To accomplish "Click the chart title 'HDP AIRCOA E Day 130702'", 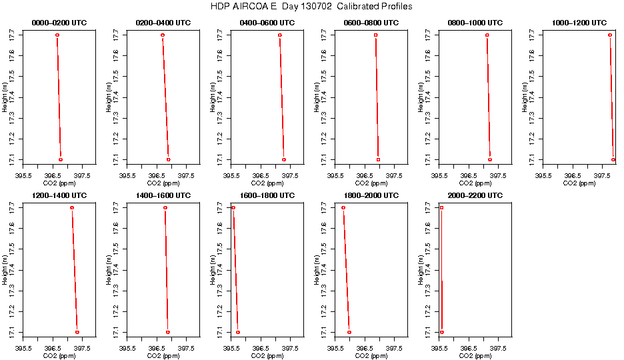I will coord(311,7).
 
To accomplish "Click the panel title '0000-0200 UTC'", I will coord(59,23).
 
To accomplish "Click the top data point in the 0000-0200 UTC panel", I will coord(57,35).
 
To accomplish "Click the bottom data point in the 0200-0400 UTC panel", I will coord(168,159).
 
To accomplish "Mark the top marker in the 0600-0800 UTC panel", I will coord(376,35).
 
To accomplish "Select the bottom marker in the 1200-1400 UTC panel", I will coord(77,332).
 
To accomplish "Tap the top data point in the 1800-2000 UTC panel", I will coord(343,208).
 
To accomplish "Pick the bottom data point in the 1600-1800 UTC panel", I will coord(238,332).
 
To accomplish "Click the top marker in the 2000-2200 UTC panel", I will coord(441,208).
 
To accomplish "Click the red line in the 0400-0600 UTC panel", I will coord(282,97).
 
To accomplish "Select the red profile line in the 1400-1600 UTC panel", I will coord(167,270).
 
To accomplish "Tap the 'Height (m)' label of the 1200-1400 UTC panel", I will coord(5,270).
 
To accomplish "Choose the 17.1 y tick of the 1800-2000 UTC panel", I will coord(325,331).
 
